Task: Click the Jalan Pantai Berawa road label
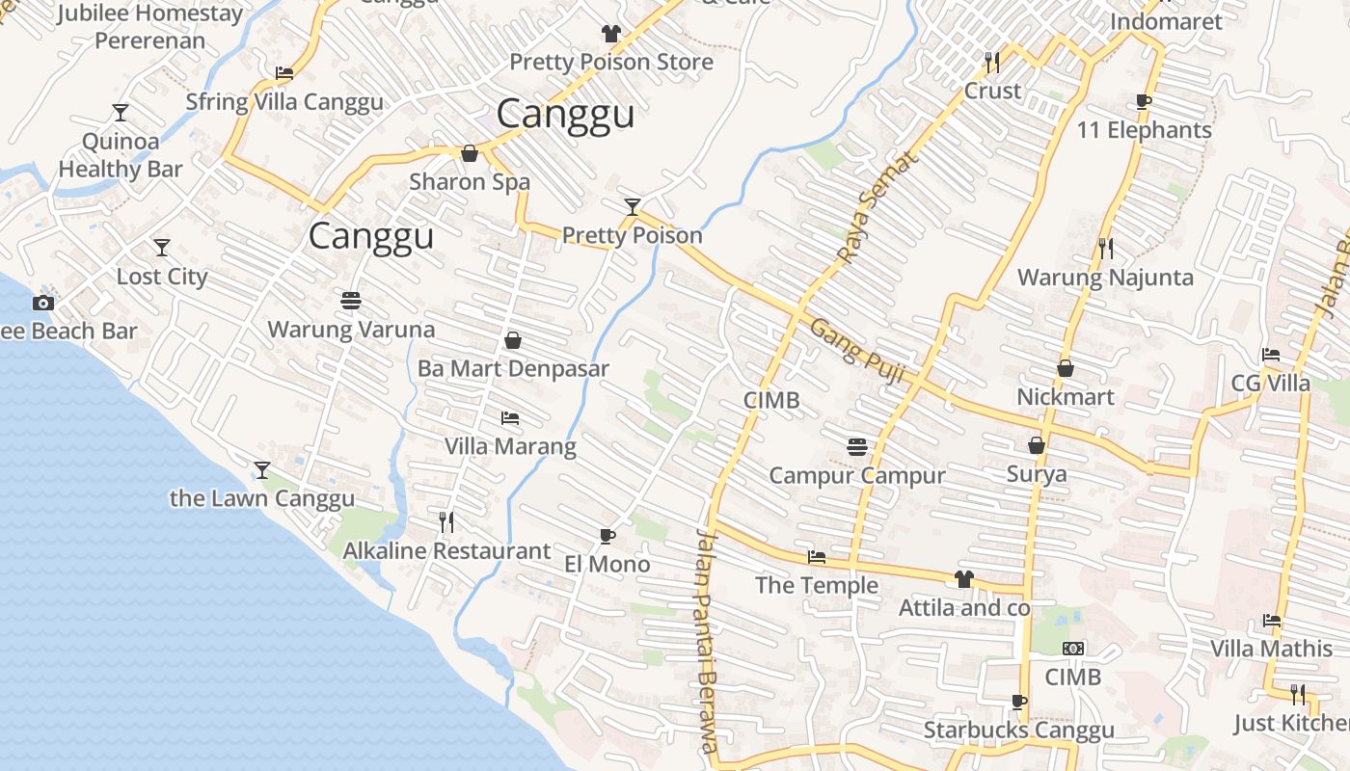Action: (x=707, y=640)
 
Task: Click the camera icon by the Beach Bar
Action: (x=42, y=303)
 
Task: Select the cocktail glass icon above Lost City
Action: (x=162, y=248)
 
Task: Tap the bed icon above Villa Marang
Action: (x=510, y=418)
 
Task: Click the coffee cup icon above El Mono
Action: (x=607, y=536)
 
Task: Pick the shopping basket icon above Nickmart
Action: (x=1066, y=368)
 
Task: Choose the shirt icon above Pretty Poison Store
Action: (x=610, y=34)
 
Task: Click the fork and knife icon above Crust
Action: (x=992, y=62)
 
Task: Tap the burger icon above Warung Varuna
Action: (x=351, y=301)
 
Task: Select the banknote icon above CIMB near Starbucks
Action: (x=1072, y=649)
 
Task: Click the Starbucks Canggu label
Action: (x=1018, y=731)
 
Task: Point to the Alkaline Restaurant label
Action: (x=447, y=551)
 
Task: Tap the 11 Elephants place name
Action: (x=1144, y=130)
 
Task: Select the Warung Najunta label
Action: (x=1105, y=278)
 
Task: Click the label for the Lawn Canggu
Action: (x=262, y=498)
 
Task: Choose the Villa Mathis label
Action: (x=1271, y=649)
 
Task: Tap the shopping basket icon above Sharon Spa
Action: (x=470, y=153)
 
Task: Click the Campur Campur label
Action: (x=856, y=475)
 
